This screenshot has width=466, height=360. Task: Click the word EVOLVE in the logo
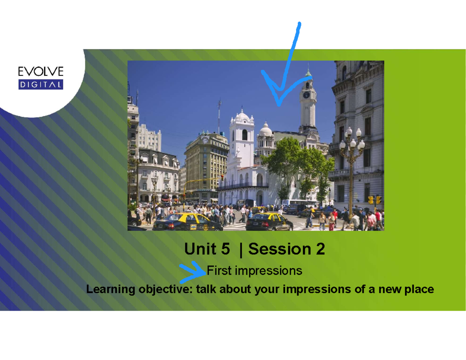[x=41, y=71]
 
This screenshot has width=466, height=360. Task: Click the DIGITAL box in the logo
[x=41, y=85]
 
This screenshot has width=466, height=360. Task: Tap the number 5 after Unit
[x=225, y=249]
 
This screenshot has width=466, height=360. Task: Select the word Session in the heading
[x=280, y=249]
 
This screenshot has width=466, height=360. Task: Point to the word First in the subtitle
[x=219, y=271]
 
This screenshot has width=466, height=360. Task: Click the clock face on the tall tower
[x=306, y=95]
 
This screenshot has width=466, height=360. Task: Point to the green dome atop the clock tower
[x=308, y=73]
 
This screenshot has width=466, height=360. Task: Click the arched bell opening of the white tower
[x=245, y=135]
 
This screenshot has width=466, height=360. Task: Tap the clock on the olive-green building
[x=205, y=141]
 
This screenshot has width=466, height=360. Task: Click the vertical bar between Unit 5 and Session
[x=241, y=250]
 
